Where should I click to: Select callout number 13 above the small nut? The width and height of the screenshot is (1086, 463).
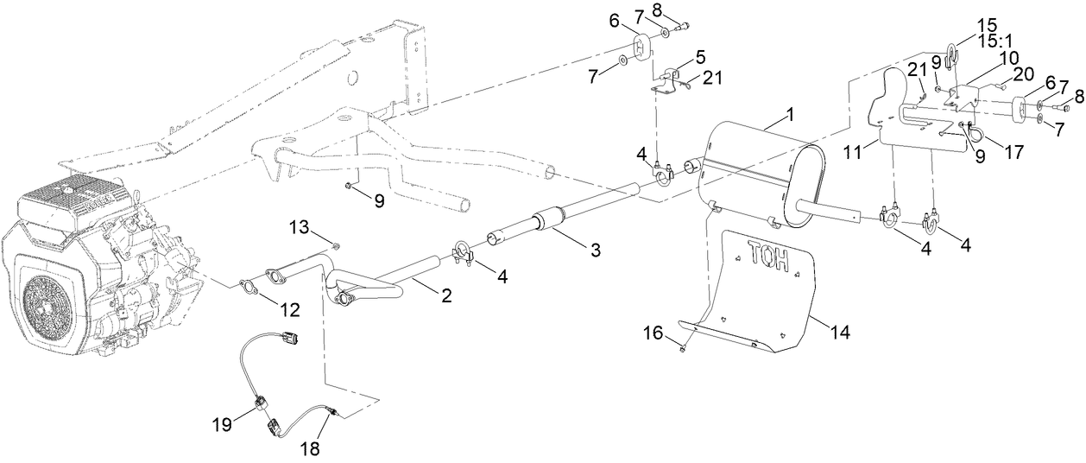pyautogui.click(x=299, y=227)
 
